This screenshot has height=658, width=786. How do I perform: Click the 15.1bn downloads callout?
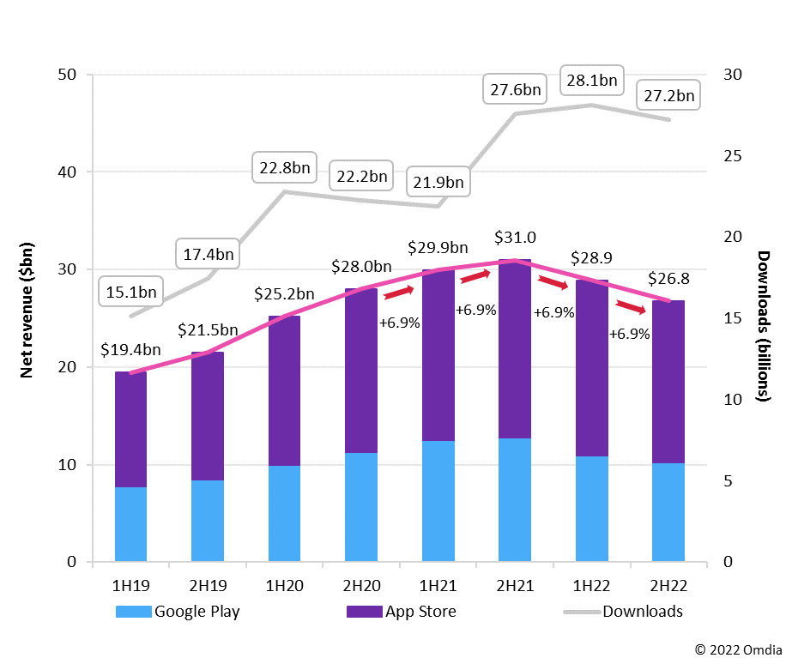132,292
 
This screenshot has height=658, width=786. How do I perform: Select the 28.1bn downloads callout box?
591,81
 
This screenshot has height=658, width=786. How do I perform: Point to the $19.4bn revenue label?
130,349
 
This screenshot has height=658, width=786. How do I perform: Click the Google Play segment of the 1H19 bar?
130,524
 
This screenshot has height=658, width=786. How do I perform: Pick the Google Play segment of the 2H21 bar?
513,500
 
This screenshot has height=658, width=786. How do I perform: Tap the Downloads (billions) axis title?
763,326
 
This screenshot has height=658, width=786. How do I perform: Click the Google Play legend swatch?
133,612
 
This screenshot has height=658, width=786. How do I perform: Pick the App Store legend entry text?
420,612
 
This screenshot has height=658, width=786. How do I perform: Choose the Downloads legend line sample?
581,612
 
